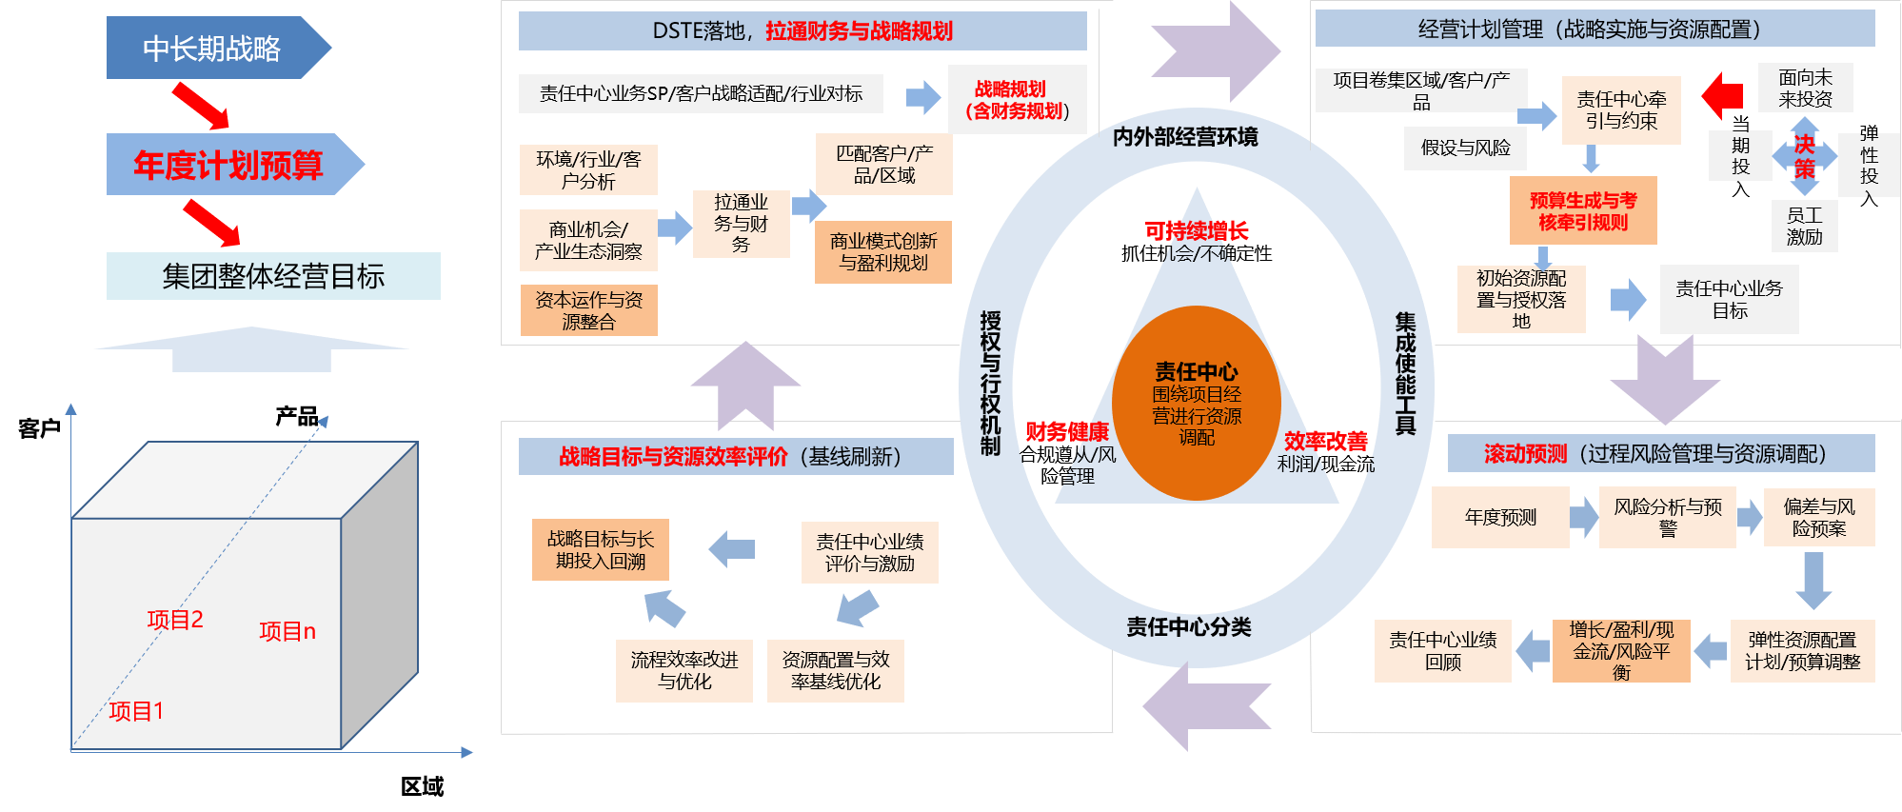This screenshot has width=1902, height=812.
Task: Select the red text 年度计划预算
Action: point(228,166)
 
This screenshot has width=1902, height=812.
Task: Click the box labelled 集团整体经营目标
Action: point(273,276)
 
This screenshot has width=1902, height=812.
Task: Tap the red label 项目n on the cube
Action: point(287,631)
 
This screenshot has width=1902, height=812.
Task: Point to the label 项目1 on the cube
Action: point(136,711)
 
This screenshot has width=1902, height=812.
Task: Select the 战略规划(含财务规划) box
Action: point(1017,100)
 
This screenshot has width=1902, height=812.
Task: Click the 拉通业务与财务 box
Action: point(741,224)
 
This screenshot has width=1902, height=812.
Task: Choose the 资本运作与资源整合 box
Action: point(588,310)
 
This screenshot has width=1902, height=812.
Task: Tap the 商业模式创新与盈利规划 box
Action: point(882,252)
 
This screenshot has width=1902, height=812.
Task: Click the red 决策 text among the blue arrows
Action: point(1804,157)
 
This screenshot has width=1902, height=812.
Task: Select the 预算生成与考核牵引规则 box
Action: point(1582,210)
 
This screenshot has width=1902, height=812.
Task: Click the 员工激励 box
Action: point(1804,227)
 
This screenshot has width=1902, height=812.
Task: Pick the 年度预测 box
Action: point(1500,517)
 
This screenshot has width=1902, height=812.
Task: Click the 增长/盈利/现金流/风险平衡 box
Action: point(1620,651)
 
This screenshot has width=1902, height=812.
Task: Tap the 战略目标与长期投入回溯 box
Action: point(600,550)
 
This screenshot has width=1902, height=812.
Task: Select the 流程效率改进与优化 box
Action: point(684,670)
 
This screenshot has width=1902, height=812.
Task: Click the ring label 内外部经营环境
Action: point(1185,137)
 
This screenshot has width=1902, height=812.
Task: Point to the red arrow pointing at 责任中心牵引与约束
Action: point(1722,95)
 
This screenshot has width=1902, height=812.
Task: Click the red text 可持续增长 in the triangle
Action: point(1196,230)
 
